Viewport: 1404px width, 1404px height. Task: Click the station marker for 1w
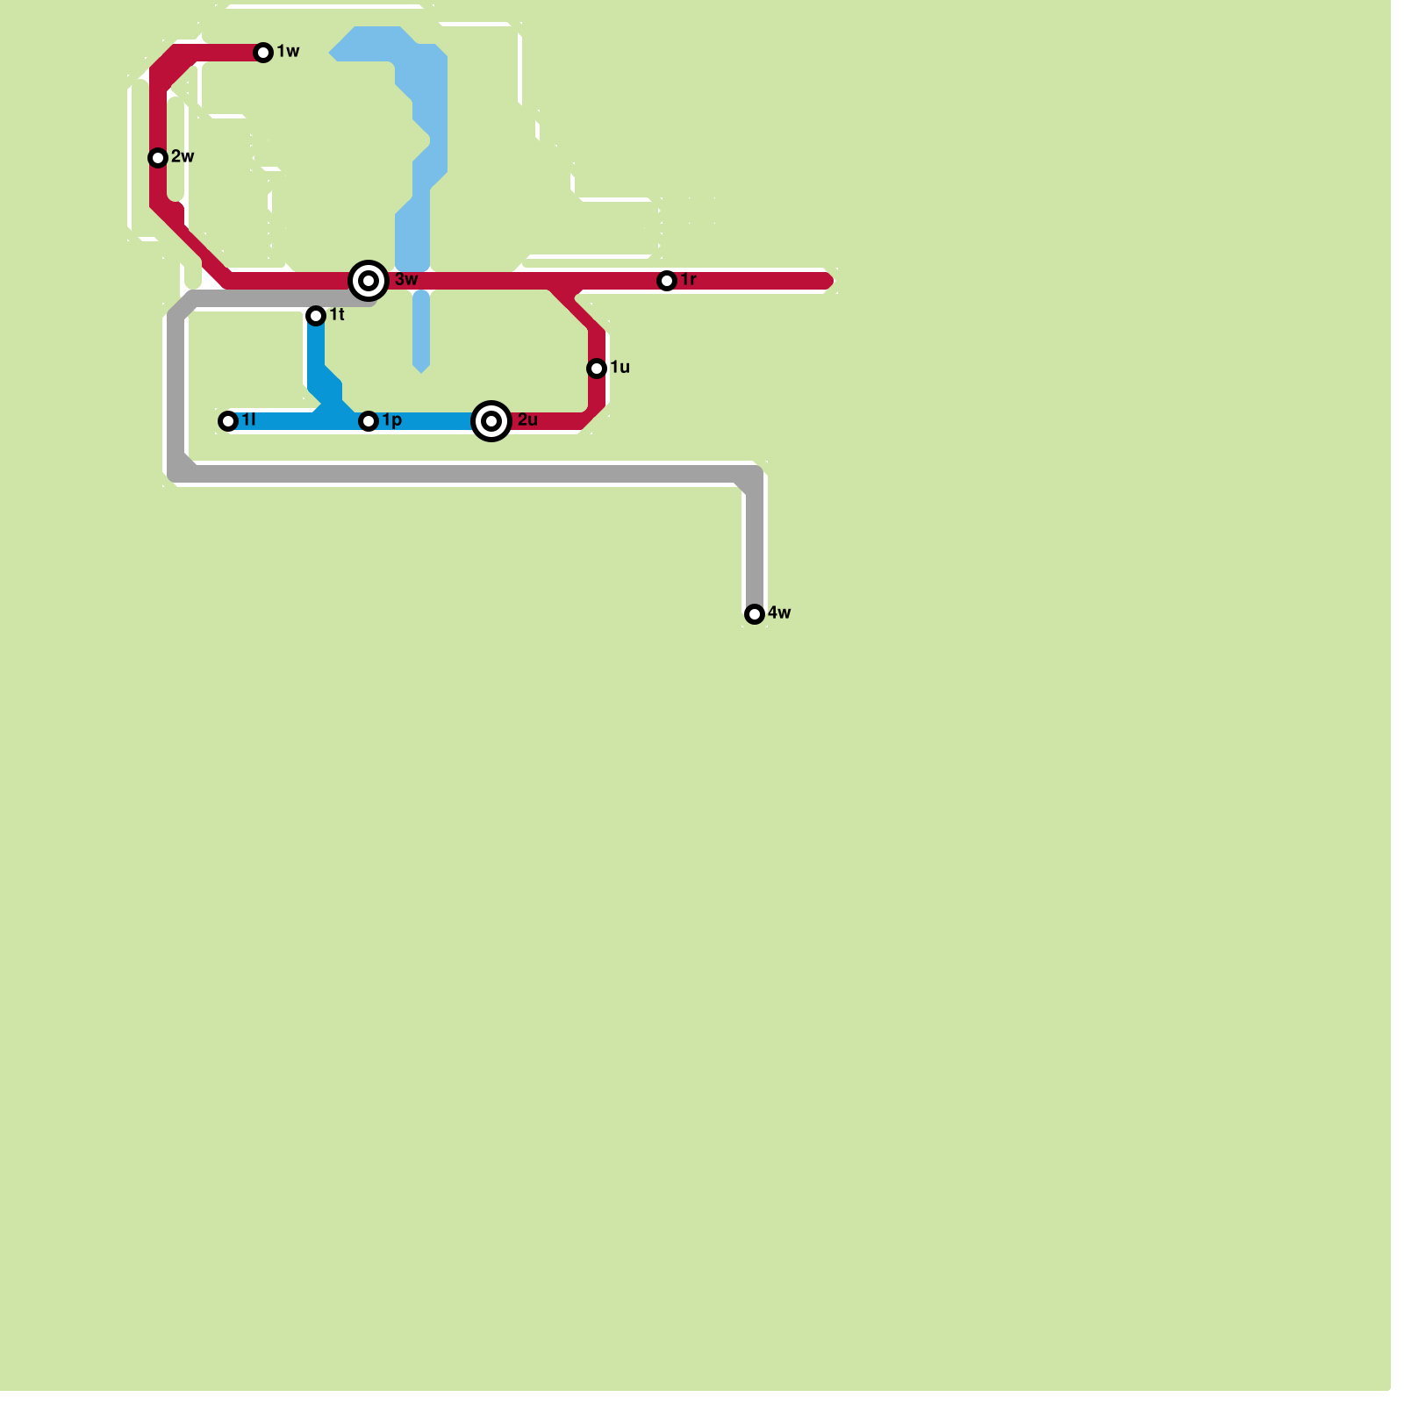pyautogui.click(x=263, y=53)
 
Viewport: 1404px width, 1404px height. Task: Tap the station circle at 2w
pyautogui.click(x=158, y=158)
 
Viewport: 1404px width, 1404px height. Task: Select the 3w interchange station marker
pyautogui.click(x=369, y=281)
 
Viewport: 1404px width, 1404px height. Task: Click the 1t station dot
pyautogui.click(x=316, y=316)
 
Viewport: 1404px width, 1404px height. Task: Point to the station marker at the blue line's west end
pyautogui.click(x=228, y=421)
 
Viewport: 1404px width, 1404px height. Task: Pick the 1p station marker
pyautogui.click(x=369, y=421)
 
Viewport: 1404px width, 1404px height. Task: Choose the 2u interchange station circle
pyautogui.click(x=491, y=421)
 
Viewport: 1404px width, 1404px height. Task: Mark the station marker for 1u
pyautogui.click(x=597, y=369)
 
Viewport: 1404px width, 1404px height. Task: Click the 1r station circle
pyautogui.click(x=667, y=281)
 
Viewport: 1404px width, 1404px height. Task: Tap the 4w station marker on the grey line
pyautogui.click(x=755, y=614)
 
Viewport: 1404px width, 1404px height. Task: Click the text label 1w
pyautogui.click(x=289, y=52)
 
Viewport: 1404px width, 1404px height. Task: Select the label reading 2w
pyautogui.click(x=183, y=157)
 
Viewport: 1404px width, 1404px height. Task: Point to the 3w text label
pyautogui.click(x=406, y=280)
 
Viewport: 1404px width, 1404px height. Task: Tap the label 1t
pyautogui.click(x=337, y=315)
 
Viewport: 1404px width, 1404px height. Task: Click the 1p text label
pyautogui.click(x=392, y=420)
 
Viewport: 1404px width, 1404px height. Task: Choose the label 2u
pyautogui.click(x=527, y=420)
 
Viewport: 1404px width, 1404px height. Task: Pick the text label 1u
pyautogui.click(x=620, y=368)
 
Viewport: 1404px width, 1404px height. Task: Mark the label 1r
pyautogui.click(x=689, y=280)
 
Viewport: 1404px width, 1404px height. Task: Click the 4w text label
pyautogui.click(x=779, y=613)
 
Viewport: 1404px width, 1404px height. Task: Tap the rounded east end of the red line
pyautogui.click(x=827, y=281)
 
